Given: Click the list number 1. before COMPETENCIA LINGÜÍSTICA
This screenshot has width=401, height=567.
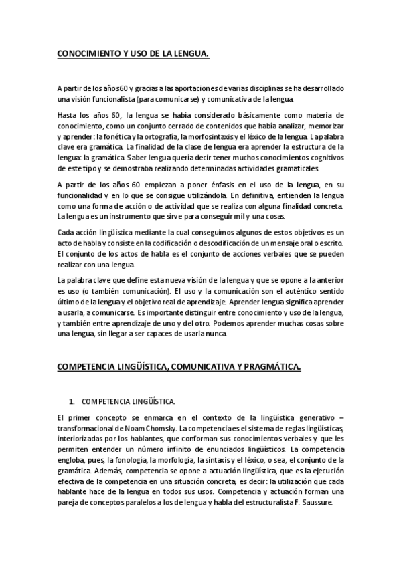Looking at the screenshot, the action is [72, 402].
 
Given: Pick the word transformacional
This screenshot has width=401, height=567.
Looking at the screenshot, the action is [84, 429].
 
